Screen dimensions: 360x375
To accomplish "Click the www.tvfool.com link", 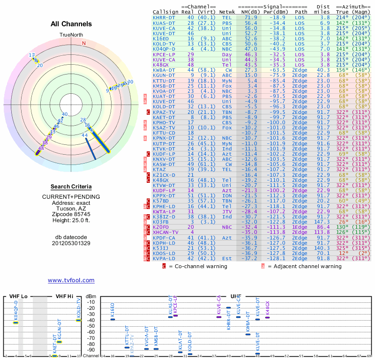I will pos(71,280).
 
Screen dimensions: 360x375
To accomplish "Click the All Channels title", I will pos(71,24).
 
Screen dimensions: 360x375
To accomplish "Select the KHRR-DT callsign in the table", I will pos(164,17).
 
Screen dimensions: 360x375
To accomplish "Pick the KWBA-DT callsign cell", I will pos(164,70).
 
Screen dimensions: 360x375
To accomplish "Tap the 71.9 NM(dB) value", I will pos(248,17).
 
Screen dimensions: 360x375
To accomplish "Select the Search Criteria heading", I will pos(71,187).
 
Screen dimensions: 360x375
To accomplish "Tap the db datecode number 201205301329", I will pos(71,243).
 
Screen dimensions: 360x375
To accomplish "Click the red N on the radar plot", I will pos(84,43).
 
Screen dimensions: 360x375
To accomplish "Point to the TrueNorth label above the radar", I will pos(71,35).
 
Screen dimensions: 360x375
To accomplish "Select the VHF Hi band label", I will pos(65,296).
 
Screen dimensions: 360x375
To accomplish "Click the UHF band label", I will pos(235,296).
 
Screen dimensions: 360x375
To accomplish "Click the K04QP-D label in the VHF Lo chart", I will pos(15,311).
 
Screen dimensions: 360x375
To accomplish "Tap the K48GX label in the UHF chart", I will pos(268,307).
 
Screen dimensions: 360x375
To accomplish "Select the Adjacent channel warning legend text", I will pos(307,266).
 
